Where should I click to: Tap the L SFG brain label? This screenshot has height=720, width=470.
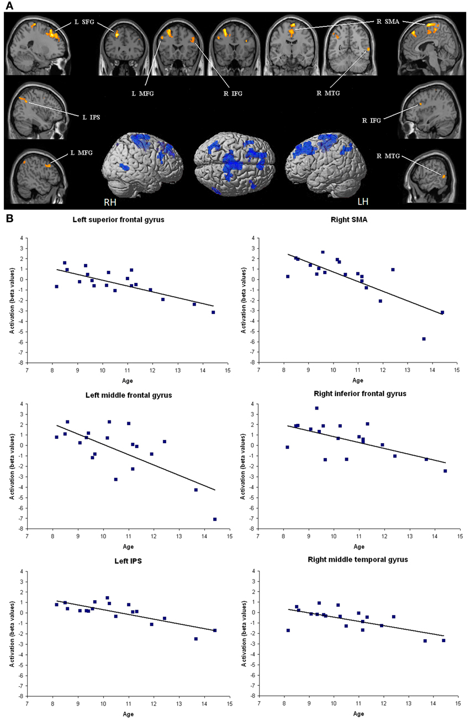85,24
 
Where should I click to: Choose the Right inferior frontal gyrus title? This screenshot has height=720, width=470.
358,394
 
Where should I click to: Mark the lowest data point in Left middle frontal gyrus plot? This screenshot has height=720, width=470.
215,519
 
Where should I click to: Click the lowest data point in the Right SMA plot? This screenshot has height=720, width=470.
424,339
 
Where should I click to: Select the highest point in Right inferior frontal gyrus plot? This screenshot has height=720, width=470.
316,408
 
